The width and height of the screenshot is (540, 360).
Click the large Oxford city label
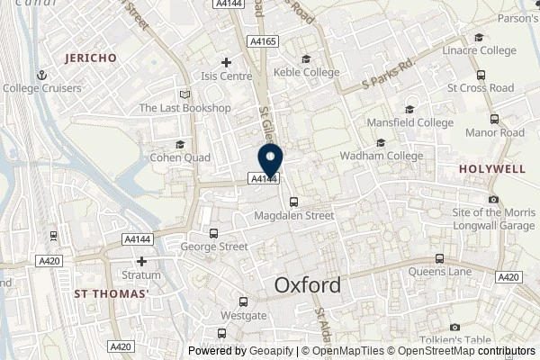(307, 285)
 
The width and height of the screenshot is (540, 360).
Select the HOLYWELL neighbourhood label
(492, 168)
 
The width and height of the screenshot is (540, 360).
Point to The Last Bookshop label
(184, 108)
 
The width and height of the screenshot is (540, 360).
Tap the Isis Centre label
(226, 76)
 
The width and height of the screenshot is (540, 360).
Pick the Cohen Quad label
(180, 157)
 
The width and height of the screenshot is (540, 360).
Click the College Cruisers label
(42, 88)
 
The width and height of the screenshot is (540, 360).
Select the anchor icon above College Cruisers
(41, 75)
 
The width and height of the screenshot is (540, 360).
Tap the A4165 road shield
(264, 40)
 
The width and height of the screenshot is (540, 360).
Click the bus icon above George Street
(212, 232)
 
